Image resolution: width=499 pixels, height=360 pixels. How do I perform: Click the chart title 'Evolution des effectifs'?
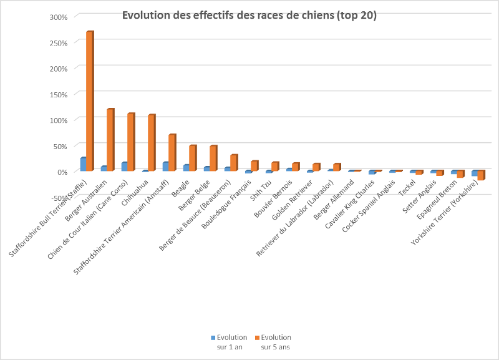pyautogui.click(x=249, y=16)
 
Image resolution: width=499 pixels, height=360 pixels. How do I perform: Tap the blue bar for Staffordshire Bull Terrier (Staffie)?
pyautogui.click(x=83, y=164)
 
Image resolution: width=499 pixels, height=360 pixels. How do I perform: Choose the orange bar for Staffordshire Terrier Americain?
pyautogui.click(x=172, y=153)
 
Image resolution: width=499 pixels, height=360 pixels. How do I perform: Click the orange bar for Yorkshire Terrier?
pyautogui.click(x=481, y=175)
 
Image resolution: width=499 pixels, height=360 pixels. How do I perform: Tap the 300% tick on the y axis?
pyautogui.click(x=58, y=17)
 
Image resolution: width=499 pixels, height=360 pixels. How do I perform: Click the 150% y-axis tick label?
pyautogui.click(x=58, y=94)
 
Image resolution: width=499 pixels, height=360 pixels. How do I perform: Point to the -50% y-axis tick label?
pyautogui.click(x=58, y=197)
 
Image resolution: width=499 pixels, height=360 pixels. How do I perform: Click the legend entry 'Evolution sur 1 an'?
pyautogui.click(x=228, y=342)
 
